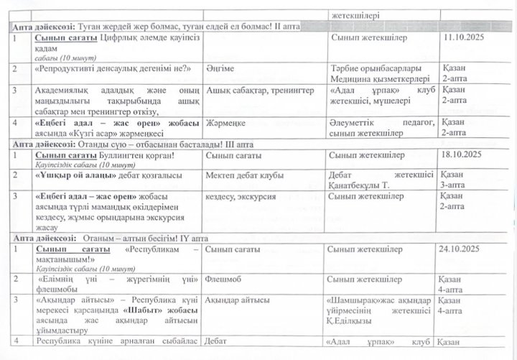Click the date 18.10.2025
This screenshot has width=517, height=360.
pyautogui.click(x=467, y=154)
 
